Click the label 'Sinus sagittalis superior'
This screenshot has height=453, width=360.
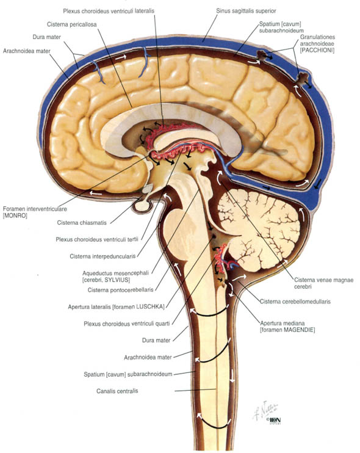(246, 11)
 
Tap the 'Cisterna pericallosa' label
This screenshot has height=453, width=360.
(71, 24)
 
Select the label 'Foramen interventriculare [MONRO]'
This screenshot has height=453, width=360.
(35, 212)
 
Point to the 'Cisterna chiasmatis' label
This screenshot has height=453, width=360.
(82, 223)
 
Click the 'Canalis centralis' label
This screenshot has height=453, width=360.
(117, 391)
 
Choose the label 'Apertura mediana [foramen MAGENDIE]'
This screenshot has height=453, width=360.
(287, 327)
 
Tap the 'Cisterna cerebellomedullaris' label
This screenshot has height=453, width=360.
(295, 302)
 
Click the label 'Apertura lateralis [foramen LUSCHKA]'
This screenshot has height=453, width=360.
(116, 306)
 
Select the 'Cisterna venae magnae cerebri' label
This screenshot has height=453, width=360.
(323, 283)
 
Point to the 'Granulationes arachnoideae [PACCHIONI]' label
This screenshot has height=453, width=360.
(317, 43)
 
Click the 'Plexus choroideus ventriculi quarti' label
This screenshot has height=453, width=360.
(127, 324)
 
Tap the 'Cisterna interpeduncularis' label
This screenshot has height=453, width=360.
(103, 256)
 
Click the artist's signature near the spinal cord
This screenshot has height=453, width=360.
(265, 410)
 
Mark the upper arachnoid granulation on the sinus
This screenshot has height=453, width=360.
(262, 56)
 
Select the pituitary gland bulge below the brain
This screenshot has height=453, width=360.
(142, 206)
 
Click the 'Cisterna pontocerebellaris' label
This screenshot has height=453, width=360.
(120, 290)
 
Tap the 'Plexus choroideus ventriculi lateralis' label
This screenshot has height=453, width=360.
(109, 11)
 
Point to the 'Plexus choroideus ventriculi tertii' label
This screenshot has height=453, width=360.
(97, 239)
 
